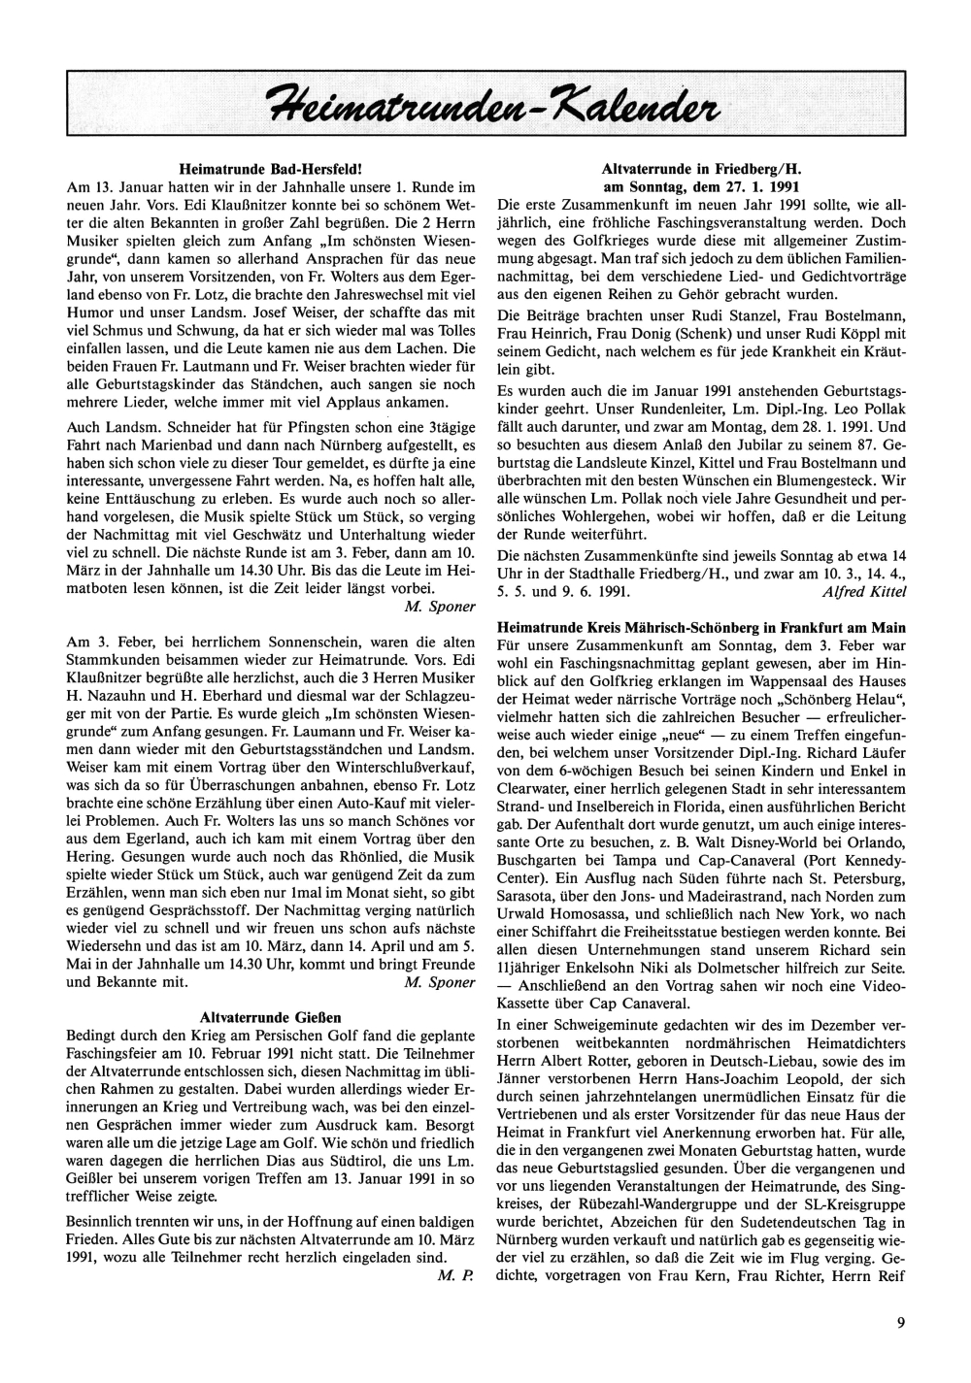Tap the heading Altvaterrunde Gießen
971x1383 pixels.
point(270,1017)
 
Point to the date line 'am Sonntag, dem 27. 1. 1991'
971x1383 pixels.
point(701,184)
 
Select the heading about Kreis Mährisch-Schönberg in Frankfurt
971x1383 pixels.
point(701,628)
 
